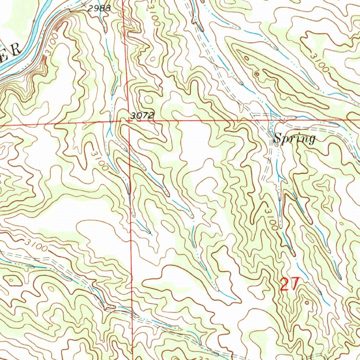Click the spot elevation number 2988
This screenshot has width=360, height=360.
point(99,9)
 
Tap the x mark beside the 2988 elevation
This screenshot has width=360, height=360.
point(83,5)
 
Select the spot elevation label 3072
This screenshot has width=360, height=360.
point(142,115)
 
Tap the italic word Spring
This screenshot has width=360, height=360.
point(294,139)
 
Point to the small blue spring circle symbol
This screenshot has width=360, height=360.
point(270,130)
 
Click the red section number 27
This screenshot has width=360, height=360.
point(290,284)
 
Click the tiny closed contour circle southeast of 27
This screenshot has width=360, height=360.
point(307,302)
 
